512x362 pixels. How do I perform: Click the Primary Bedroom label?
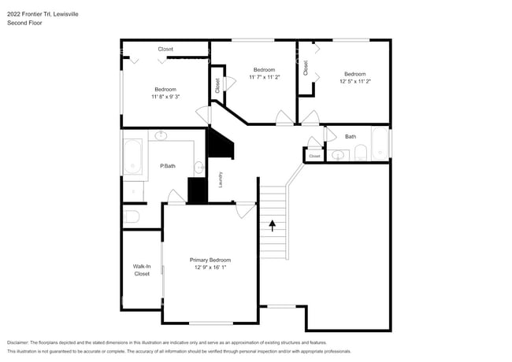pos(210,260)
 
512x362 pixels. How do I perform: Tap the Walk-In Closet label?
pos(142,270)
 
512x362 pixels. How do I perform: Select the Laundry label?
pos(221,179)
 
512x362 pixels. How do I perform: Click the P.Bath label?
pos(168,166)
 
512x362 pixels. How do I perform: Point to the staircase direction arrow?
pos(273,226)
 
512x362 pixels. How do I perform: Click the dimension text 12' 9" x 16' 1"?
pos(210,268)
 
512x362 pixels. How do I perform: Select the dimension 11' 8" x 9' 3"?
pos(165,97)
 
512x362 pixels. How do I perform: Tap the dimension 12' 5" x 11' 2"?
pos(355,81)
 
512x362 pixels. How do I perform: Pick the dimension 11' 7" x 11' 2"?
pos(265,77)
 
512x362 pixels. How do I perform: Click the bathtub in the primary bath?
pos(132,157)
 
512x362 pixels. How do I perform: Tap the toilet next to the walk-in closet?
pos(131,216)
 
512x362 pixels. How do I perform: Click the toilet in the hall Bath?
pos(361,153)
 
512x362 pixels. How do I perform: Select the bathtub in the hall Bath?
pos(380,143)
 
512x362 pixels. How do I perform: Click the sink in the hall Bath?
pos(338,155)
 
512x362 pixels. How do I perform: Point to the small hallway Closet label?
pos(314,157)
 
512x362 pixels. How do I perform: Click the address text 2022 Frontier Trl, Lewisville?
pos(43,14)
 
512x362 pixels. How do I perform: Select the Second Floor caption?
pos(24,23)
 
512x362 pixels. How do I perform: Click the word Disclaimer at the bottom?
pos(18,342)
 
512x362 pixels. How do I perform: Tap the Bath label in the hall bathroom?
pos(351,137)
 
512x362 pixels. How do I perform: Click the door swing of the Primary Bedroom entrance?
pos(246,210)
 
